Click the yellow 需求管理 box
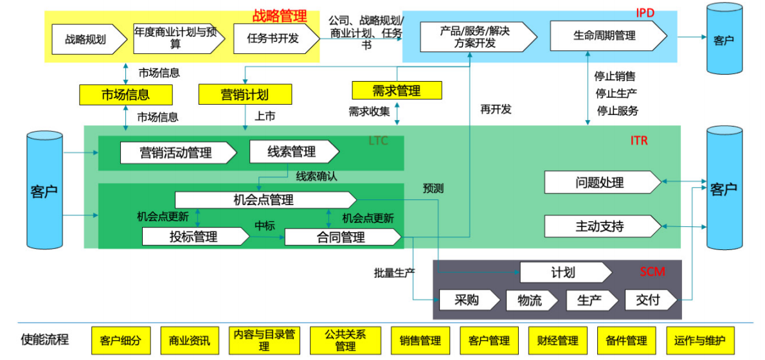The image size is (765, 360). [x=397, y=91]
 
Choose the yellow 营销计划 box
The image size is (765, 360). [x=244, y=95]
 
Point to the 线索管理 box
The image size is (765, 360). [x=292, y=152]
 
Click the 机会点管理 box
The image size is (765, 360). [x=264, y=200]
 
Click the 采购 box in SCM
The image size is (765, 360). [x=468, y=300]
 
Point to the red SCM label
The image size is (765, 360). [x=652, y=272]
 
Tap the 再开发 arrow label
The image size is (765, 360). [x=496, y=109]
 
